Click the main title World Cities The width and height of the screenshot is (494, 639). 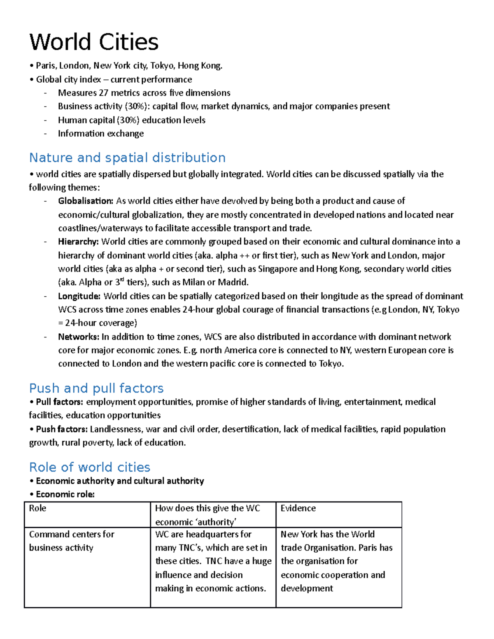[x=94, y=42]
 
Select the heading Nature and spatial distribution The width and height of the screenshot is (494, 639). [x=127, y=158]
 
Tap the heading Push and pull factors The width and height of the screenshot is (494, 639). [x=96, y=388]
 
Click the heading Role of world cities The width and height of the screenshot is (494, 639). [x=90, y=467]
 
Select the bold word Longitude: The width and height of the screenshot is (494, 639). [x=79, y=296]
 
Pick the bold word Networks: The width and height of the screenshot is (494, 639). [x=79, y=337]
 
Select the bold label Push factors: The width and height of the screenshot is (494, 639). [x=61, y=429]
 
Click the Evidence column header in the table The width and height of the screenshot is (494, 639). [x=298, y=508]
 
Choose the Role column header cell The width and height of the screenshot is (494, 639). [x=38, y=508]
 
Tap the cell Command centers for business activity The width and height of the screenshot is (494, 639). [x=72, y=541]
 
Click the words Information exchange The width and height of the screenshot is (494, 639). [x=101, y=133]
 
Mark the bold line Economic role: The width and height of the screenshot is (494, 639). [x=65, y=494]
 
